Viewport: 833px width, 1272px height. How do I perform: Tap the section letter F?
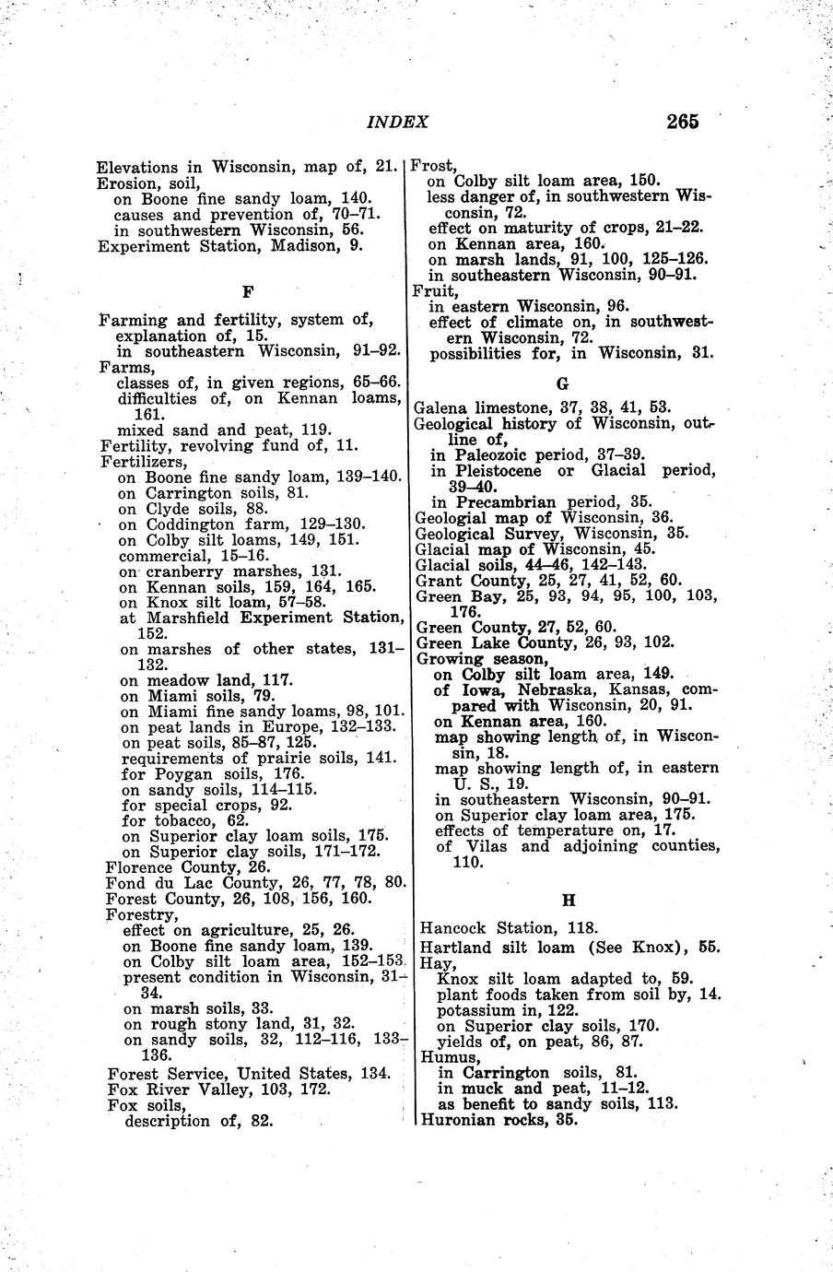247,292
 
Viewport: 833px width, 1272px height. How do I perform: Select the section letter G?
563,382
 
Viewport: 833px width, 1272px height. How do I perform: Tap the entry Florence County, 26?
187,867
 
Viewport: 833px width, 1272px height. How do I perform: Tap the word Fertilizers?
143,461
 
